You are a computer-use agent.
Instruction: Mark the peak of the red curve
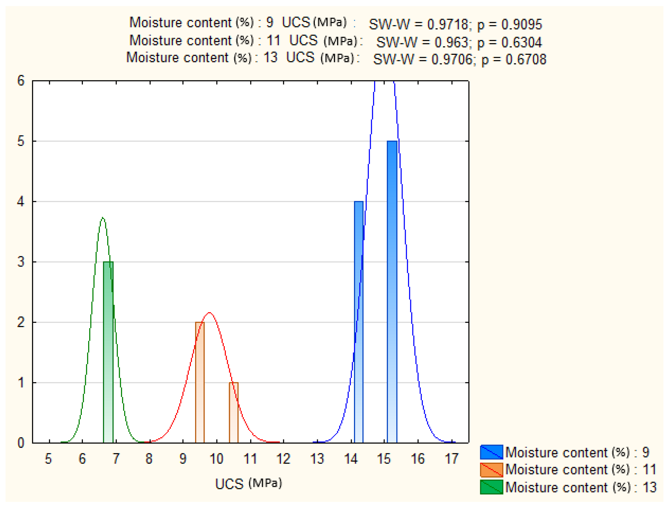[x=209, y=313]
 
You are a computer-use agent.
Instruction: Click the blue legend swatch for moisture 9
[x=491, y=452]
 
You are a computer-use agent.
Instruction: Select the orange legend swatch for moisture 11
[x=491, y=470]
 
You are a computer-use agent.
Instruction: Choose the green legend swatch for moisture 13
[x=491, y=487]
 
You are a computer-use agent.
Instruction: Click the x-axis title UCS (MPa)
[x=248, y=483]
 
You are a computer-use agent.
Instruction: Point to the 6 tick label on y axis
[x=21, y=81]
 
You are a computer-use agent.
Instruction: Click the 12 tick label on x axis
[x=283, y=459]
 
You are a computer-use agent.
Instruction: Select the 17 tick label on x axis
[x=452, y=459]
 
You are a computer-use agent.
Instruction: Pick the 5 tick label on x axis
[x=48, y=459]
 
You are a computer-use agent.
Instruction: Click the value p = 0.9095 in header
[x=510, y=24]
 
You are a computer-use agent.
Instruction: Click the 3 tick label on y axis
[x=21, y=262]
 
